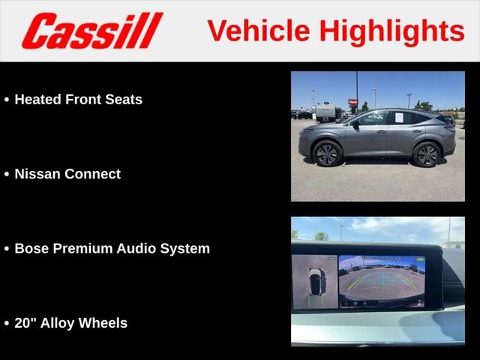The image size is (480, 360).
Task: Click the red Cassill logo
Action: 92,31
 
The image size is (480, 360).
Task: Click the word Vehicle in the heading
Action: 259,31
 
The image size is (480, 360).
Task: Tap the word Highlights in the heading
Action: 392,32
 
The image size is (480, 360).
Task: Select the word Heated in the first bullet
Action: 38,100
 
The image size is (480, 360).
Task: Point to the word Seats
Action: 124,100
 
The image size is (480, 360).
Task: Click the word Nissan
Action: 37,174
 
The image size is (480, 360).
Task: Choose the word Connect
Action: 92,174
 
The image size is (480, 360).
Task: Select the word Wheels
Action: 103,323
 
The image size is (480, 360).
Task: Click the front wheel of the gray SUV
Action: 327,154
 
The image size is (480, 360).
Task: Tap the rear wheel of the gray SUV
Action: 427,154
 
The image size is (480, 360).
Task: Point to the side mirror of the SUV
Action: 355,125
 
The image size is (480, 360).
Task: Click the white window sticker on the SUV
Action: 399,117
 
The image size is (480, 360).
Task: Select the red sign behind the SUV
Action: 352,102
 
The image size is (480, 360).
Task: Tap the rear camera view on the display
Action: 382,282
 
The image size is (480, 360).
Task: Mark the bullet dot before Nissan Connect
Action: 7,174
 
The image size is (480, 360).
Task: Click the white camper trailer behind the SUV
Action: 326,112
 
